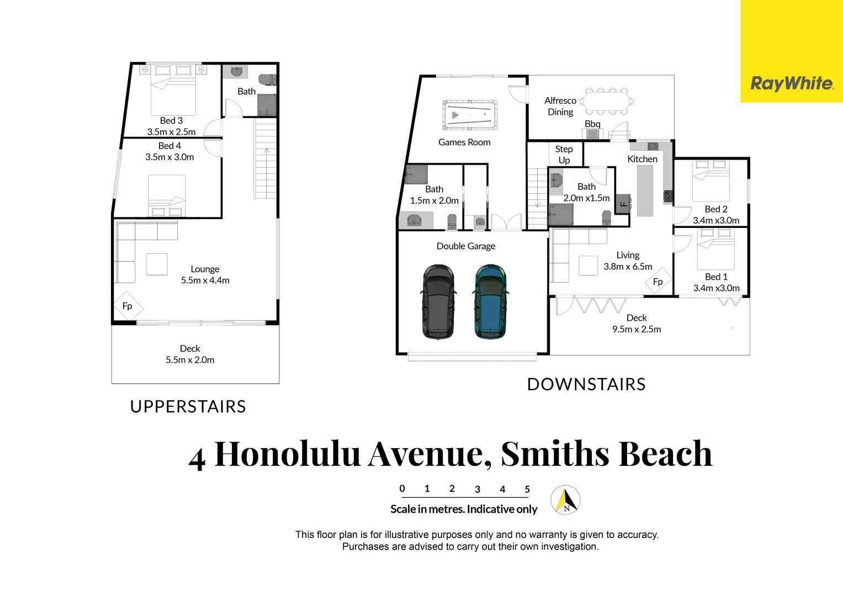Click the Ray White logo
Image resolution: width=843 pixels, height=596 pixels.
point(792,83)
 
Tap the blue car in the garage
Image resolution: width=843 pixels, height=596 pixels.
point(490,301)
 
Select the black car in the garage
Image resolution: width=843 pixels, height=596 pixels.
point(438,301)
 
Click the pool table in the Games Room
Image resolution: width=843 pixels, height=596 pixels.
point(469,115)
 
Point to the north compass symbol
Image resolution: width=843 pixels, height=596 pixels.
point(566,500)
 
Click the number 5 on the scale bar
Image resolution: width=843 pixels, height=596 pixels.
point(527,489)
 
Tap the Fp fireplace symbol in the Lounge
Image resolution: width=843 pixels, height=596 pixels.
point(128,306)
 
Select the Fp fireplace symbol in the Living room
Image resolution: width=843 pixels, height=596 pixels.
point(658,281)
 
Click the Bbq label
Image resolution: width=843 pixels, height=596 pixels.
point(592,124)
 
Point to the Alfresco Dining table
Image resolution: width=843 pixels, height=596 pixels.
point(606,102)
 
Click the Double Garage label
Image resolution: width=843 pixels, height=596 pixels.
point(465,246)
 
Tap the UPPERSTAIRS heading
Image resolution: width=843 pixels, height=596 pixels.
point(188,407)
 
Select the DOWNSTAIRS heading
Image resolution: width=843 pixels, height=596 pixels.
point(586,384)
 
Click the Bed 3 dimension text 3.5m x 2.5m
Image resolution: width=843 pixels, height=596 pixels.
point(171,132)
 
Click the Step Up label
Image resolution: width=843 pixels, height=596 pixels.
point(564,155)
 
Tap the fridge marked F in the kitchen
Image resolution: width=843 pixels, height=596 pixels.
point(623,203)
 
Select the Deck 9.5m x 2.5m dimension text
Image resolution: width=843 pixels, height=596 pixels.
point(636,329)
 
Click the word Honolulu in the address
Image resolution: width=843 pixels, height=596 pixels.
point(287,454)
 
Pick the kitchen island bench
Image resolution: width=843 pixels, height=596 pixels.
point(645,191)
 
